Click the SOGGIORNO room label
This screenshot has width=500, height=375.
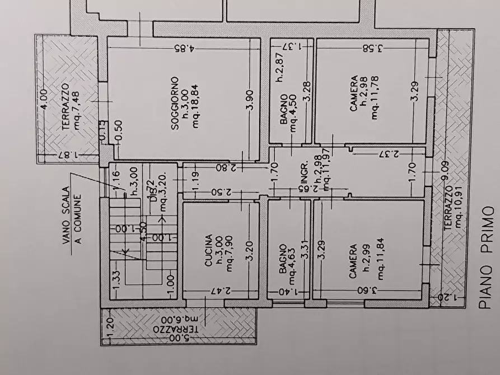point(175,104)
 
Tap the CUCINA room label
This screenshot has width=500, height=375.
point(208,250)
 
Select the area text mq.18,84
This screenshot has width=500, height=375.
point(195,104)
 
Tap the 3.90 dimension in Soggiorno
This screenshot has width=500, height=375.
point(250,101)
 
